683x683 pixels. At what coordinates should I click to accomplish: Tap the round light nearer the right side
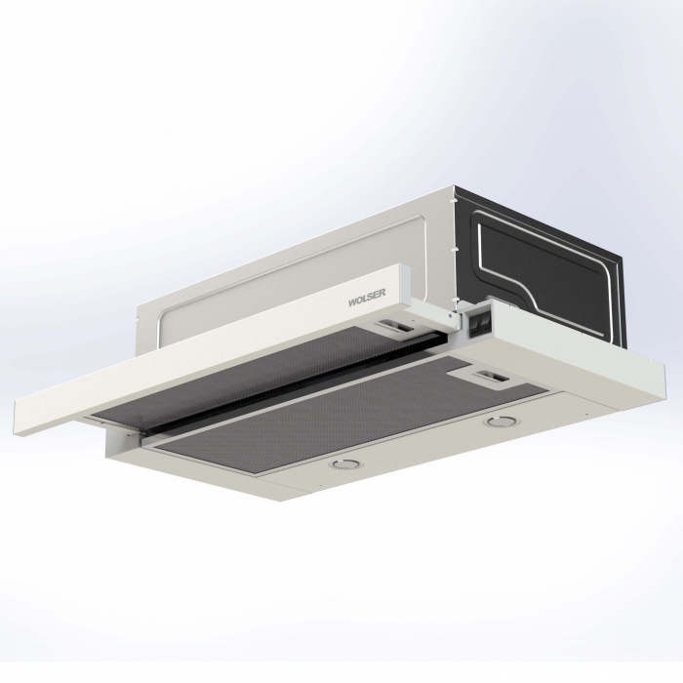(496, 422)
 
